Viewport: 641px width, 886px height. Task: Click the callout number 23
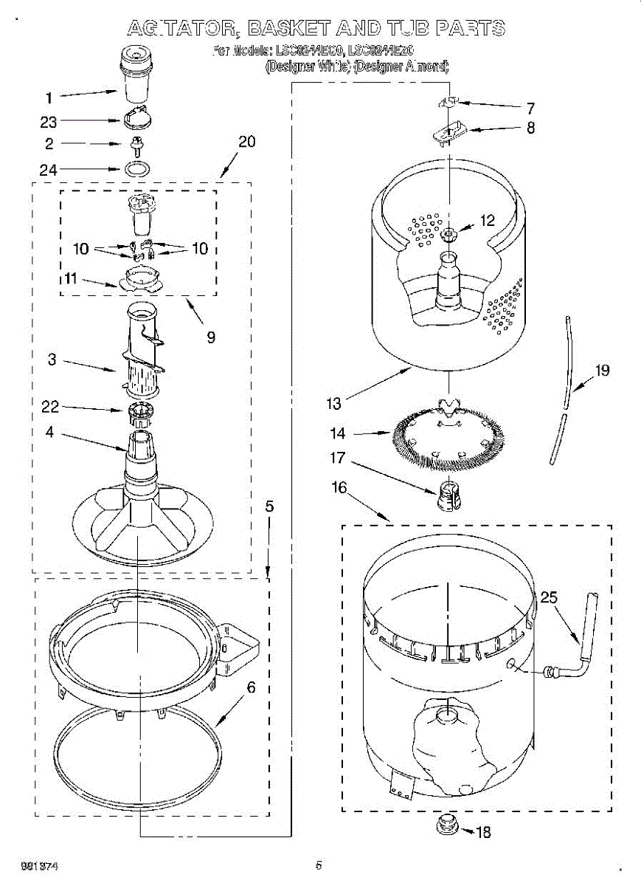[49, 121]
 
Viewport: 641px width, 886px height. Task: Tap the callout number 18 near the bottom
[483, 832]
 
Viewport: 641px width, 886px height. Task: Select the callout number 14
[338, 433]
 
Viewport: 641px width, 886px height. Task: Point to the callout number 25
[548, 597]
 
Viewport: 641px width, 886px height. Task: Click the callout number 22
[50, 407]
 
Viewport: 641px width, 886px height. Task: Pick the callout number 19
[603, 371]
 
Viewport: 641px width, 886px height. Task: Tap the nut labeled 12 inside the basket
[449, 235]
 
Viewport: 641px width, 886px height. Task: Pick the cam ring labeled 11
[139, 279]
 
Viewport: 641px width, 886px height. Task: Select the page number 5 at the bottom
[319, 865]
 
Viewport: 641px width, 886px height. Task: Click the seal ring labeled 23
[136, 117]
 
